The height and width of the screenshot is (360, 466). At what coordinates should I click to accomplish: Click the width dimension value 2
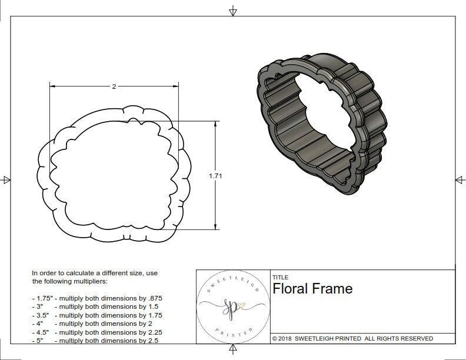point(114,86)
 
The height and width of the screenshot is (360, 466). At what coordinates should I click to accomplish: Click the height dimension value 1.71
point(215,175)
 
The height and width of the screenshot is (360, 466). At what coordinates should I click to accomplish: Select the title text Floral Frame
point(312,288)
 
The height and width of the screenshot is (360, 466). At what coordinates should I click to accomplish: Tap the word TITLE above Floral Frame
point(280,277)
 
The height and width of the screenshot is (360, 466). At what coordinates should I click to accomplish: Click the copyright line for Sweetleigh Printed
point(352,338)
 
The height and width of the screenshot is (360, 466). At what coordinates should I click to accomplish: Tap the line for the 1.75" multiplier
point(101,298)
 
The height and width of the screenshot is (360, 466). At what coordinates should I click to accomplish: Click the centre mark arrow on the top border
point(233,11)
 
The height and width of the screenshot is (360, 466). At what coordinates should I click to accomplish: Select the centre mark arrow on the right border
point(460,179)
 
